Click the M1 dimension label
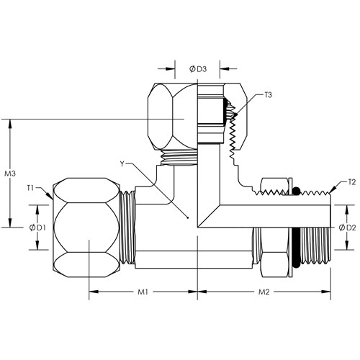point(143,292)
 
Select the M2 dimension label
point(264,292)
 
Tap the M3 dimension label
point(10,174)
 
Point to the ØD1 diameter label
point(37,228)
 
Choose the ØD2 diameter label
point(347,228)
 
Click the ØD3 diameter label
point(198,69)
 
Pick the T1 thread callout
point(30,188)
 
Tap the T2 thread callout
point(351,182)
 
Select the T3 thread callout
point(268,95)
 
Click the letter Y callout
point(122,164)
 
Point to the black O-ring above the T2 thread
point(296,191)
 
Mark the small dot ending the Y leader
point(188,218)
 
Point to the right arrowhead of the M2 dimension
point(325,292)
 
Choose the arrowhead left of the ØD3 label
point(170,69)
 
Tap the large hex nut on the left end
point(86,228)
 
